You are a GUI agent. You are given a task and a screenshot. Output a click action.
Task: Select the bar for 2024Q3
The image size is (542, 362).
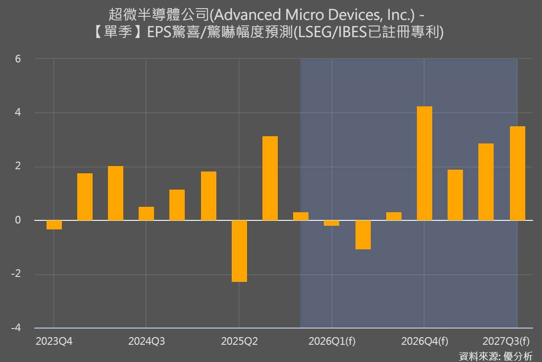[146, 214]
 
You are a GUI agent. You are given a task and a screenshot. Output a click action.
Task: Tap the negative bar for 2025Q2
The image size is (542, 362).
[239, 251]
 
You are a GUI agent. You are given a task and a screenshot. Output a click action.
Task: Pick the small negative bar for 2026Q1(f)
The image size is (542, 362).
[332, 223]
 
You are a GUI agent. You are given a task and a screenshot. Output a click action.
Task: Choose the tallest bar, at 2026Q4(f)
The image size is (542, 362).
[425, 163]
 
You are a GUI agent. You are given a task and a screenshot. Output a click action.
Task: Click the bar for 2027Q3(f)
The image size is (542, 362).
[517, 173]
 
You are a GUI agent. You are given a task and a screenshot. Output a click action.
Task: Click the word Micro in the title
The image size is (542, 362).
[301, 15]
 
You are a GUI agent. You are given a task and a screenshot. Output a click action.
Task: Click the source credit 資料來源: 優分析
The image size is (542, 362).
[495, 356]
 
